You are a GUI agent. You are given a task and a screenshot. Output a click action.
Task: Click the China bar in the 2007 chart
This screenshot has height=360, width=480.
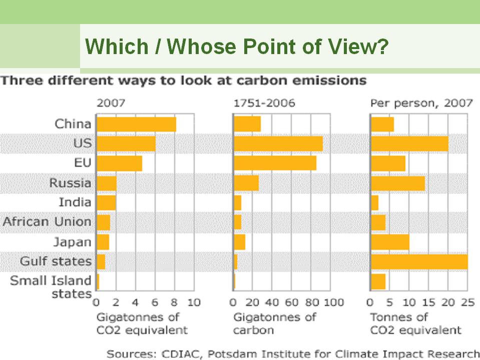click(136, 124)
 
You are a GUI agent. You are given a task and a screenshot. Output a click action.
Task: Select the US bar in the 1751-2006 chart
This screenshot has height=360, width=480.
click(278, 144)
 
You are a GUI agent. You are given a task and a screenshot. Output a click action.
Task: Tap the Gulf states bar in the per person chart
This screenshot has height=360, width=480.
click(419, 261)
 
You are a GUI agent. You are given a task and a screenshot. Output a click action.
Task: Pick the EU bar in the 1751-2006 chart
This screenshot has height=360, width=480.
click(275, 163)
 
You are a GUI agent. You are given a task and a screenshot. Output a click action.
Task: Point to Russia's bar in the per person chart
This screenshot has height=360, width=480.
click(398, 183)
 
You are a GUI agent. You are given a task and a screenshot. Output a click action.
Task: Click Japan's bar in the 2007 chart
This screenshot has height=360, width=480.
click(103, 242)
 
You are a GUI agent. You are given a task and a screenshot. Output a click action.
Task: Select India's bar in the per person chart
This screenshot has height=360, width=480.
click(374, 203)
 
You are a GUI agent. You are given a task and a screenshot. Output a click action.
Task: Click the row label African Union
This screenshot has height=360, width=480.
click(48, 222)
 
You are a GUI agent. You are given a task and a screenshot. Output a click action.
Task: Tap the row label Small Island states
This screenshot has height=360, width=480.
click(51, 287)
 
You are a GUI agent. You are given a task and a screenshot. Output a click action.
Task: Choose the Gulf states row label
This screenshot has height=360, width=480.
click(56, 261)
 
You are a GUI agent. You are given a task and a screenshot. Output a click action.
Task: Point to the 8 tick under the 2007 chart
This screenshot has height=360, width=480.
click(175, 302)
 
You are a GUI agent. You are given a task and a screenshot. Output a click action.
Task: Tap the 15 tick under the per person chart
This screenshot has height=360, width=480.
click(429, 302)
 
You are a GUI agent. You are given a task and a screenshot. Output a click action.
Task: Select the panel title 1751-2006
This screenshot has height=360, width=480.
click(264, 104)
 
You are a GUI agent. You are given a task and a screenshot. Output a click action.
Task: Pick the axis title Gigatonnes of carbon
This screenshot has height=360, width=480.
click(275, 323)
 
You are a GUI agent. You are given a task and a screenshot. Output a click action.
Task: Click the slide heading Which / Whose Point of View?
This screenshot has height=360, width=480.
click(237, 47)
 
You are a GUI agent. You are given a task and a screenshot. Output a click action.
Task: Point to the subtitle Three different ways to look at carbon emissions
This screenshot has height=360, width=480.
click(184, 80)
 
